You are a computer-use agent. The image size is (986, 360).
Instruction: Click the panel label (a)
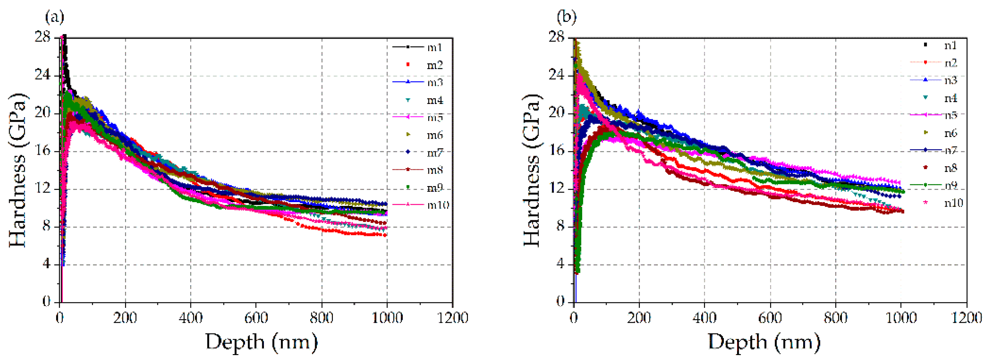coord(54,17)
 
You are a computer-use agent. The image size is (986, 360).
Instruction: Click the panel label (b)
coord(566,17)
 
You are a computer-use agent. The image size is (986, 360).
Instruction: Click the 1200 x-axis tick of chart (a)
coord(453,318)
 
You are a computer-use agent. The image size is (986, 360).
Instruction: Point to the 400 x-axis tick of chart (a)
coord(190,318)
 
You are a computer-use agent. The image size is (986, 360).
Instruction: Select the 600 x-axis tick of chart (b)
coord(770,318)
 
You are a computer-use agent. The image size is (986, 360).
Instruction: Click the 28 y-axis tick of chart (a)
coord(42,37)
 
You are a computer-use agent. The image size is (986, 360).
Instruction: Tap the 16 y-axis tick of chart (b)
coord(556,151)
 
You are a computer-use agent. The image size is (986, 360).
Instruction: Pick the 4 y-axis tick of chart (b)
coord(560,264)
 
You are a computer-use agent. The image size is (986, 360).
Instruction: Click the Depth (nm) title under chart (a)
coord(261,342)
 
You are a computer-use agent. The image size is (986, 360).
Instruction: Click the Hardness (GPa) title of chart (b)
coord(532,169)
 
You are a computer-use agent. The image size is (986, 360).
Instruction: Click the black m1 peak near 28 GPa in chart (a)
coord(65,38)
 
